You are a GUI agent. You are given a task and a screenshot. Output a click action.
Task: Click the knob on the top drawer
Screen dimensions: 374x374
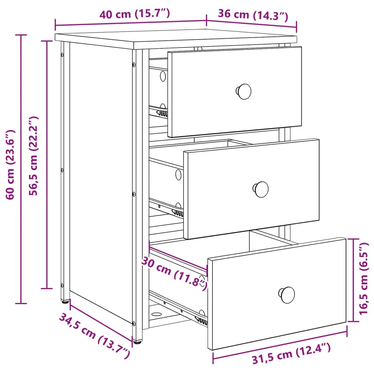coord(244,91)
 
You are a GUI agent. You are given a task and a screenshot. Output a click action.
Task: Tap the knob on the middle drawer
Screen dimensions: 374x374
coord(261,189)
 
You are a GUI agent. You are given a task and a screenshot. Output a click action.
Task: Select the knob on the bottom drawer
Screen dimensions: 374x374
coord(287,295)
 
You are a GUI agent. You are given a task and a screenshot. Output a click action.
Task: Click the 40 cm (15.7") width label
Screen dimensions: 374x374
coord(135,14)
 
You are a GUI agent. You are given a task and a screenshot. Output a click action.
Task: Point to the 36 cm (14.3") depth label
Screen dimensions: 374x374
coord(253,15)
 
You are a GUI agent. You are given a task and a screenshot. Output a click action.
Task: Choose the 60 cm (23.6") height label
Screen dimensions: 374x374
coord(10,165)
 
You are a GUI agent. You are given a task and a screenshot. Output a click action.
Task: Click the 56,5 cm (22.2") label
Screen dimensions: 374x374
coord(33,156)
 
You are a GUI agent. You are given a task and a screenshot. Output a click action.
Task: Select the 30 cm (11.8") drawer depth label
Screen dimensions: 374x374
coord(174,273)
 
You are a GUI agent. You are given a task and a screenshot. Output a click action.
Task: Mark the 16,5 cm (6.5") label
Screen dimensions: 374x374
coord(364,278)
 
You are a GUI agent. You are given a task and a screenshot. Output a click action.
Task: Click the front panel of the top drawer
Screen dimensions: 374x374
coord(235,92)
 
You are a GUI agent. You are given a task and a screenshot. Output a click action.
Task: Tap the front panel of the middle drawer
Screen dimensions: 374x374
coord(252,189)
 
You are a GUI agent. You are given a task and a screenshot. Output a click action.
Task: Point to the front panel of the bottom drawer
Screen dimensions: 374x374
coord(277,294)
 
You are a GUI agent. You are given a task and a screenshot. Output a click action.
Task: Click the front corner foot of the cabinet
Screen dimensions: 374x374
coord(137,342)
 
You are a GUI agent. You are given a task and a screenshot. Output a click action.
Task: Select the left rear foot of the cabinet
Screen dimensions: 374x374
coord(65,302)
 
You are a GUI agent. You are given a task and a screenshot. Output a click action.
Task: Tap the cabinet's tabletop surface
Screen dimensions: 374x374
coord(176,39)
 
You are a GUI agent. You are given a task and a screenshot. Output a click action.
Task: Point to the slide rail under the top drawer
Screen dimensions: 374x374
coord(158,112)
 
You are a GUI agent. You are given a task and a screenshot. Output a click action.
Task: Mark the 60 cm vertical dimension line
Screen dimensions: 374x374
coord(21,169)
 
